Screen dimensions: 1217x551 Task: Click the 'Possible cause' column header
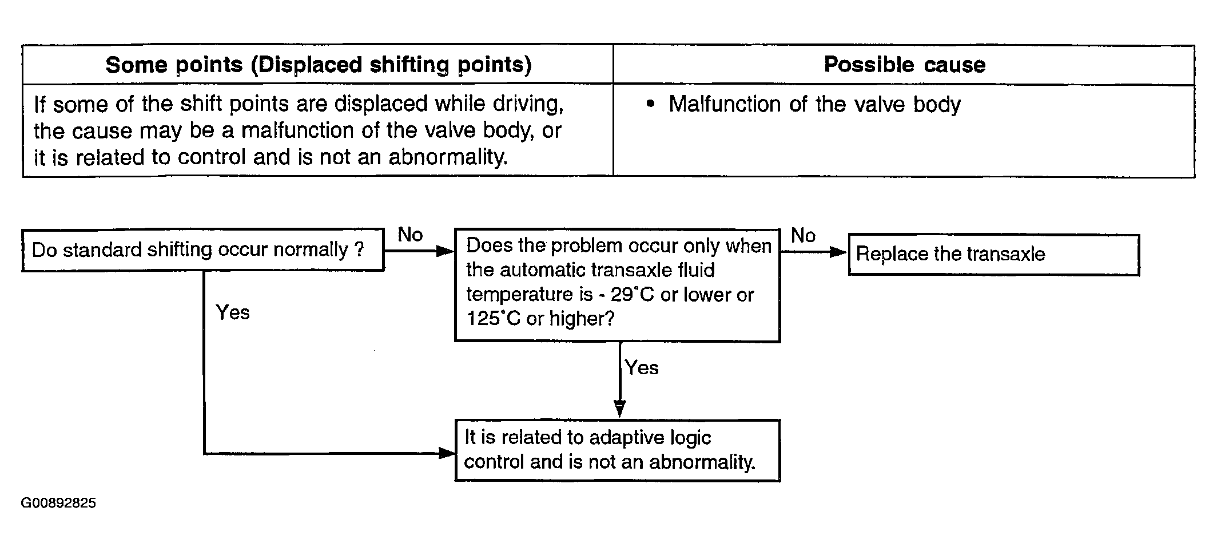pos(905,65)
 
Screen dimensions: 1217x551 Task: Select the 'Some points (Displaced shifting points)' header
pos(319,65)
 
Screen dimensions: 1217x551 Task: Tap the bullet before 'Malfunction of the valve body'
pos(649,105)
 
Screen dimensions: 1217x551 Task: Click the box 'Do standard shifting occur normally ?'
pos(203,250)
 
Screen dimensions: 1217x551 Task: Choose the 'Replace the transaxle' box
pos(994,255)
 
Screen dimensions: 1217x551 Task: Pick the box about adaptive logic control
pos(618,450)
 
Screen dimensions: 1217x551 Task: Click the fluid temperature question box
pos(618,286)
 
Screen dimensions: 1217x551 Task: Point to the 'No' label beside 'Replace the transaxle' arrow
pos(803,235)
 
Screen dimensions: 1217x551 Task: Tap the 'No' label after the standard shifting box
pos(410,235)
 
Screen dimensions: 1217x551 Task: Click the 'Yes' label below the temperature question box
pos(642,368)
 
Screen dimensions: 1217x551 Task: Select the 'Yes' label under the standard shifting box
pos(233,312)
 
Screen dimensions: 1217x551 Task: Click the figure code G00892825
pos(58,504)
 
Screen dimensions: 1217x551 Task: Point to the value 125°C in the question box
pos(494,319)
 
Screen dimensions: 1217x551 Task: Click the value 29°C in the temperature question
pos(632,295)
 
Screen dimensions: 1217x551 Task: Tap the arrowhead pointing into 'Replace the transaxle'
pos(838,252)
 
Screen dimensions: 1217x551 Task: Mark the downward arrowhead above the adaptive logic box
pos(619,409)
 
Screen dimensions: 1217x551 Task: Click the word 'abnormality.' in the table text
pos(448,157)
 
